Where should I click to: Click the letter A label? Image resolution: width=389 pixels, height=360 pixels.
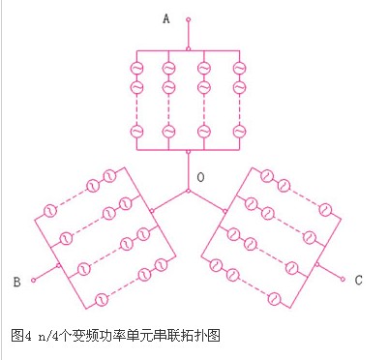[166, 18]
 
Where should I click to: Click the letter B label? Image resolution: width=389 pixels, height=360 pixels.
[17, 282]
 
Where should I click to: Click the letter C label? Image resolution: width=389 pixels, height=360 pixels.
[358, 280]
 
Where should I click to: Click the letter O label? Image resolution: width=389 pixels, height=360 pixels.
[200, 177]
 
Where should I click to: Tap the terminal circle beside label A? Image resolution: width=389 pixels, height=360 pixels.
[189, 19]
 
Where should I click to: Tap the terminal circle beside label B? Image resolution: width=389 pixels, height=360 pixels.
[33, 280]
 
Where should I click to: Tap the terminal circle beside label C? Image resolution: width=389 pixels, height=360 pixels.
[343, 280]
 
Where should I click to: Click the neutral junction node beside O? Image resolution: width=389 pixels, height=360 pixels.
[189, 192]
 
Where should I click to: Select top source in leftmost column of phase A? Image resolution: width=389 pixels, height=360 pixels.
[136, 69]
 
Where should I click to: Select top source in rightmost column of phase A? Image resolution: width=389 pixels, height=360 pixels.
[239, 69]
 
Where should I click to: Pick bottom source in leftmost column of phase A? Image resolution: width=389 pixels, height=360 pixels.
[136, 132]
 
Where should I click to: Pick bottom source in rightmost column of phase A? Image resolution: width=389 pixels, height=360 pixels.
[239, 132]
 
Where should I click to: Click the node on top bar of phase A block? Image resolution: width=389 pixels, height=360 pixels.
[189, 49]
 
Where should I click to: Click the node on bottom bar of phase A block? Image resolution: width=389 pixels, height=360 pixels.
[189, 151]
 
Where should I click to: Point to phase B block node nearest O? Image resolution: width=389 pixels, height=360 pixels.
[152, 211]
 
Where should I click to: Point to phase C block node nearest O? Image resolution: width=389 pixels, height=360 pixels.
[224, 211]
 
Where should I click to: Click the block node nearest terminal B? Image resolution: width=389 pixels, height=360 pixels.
[58, 265]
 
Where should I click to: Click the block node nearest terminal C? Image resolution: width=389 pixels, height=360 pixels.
[317, 264]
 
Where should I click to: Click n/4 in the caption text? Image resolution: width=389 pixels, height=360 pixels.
[48, 337]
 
